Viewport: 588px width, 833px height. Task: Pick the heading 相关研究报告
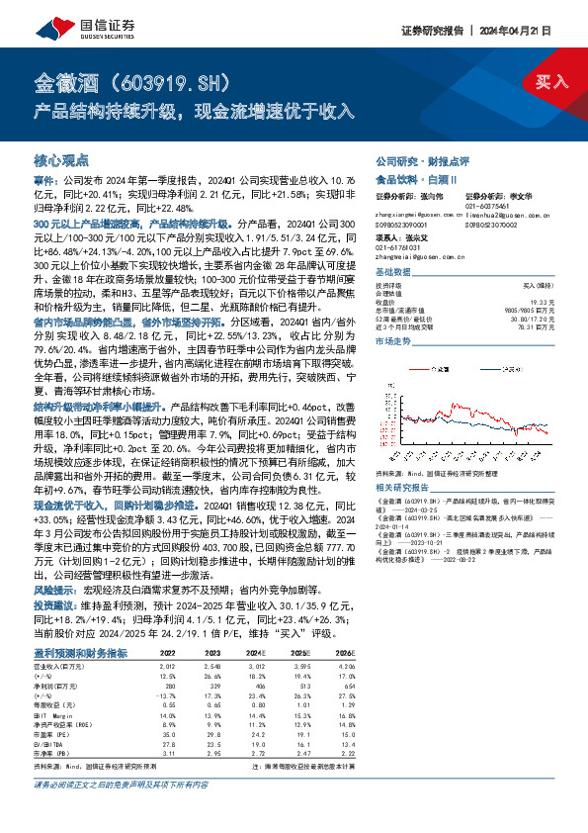(402, 488)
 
